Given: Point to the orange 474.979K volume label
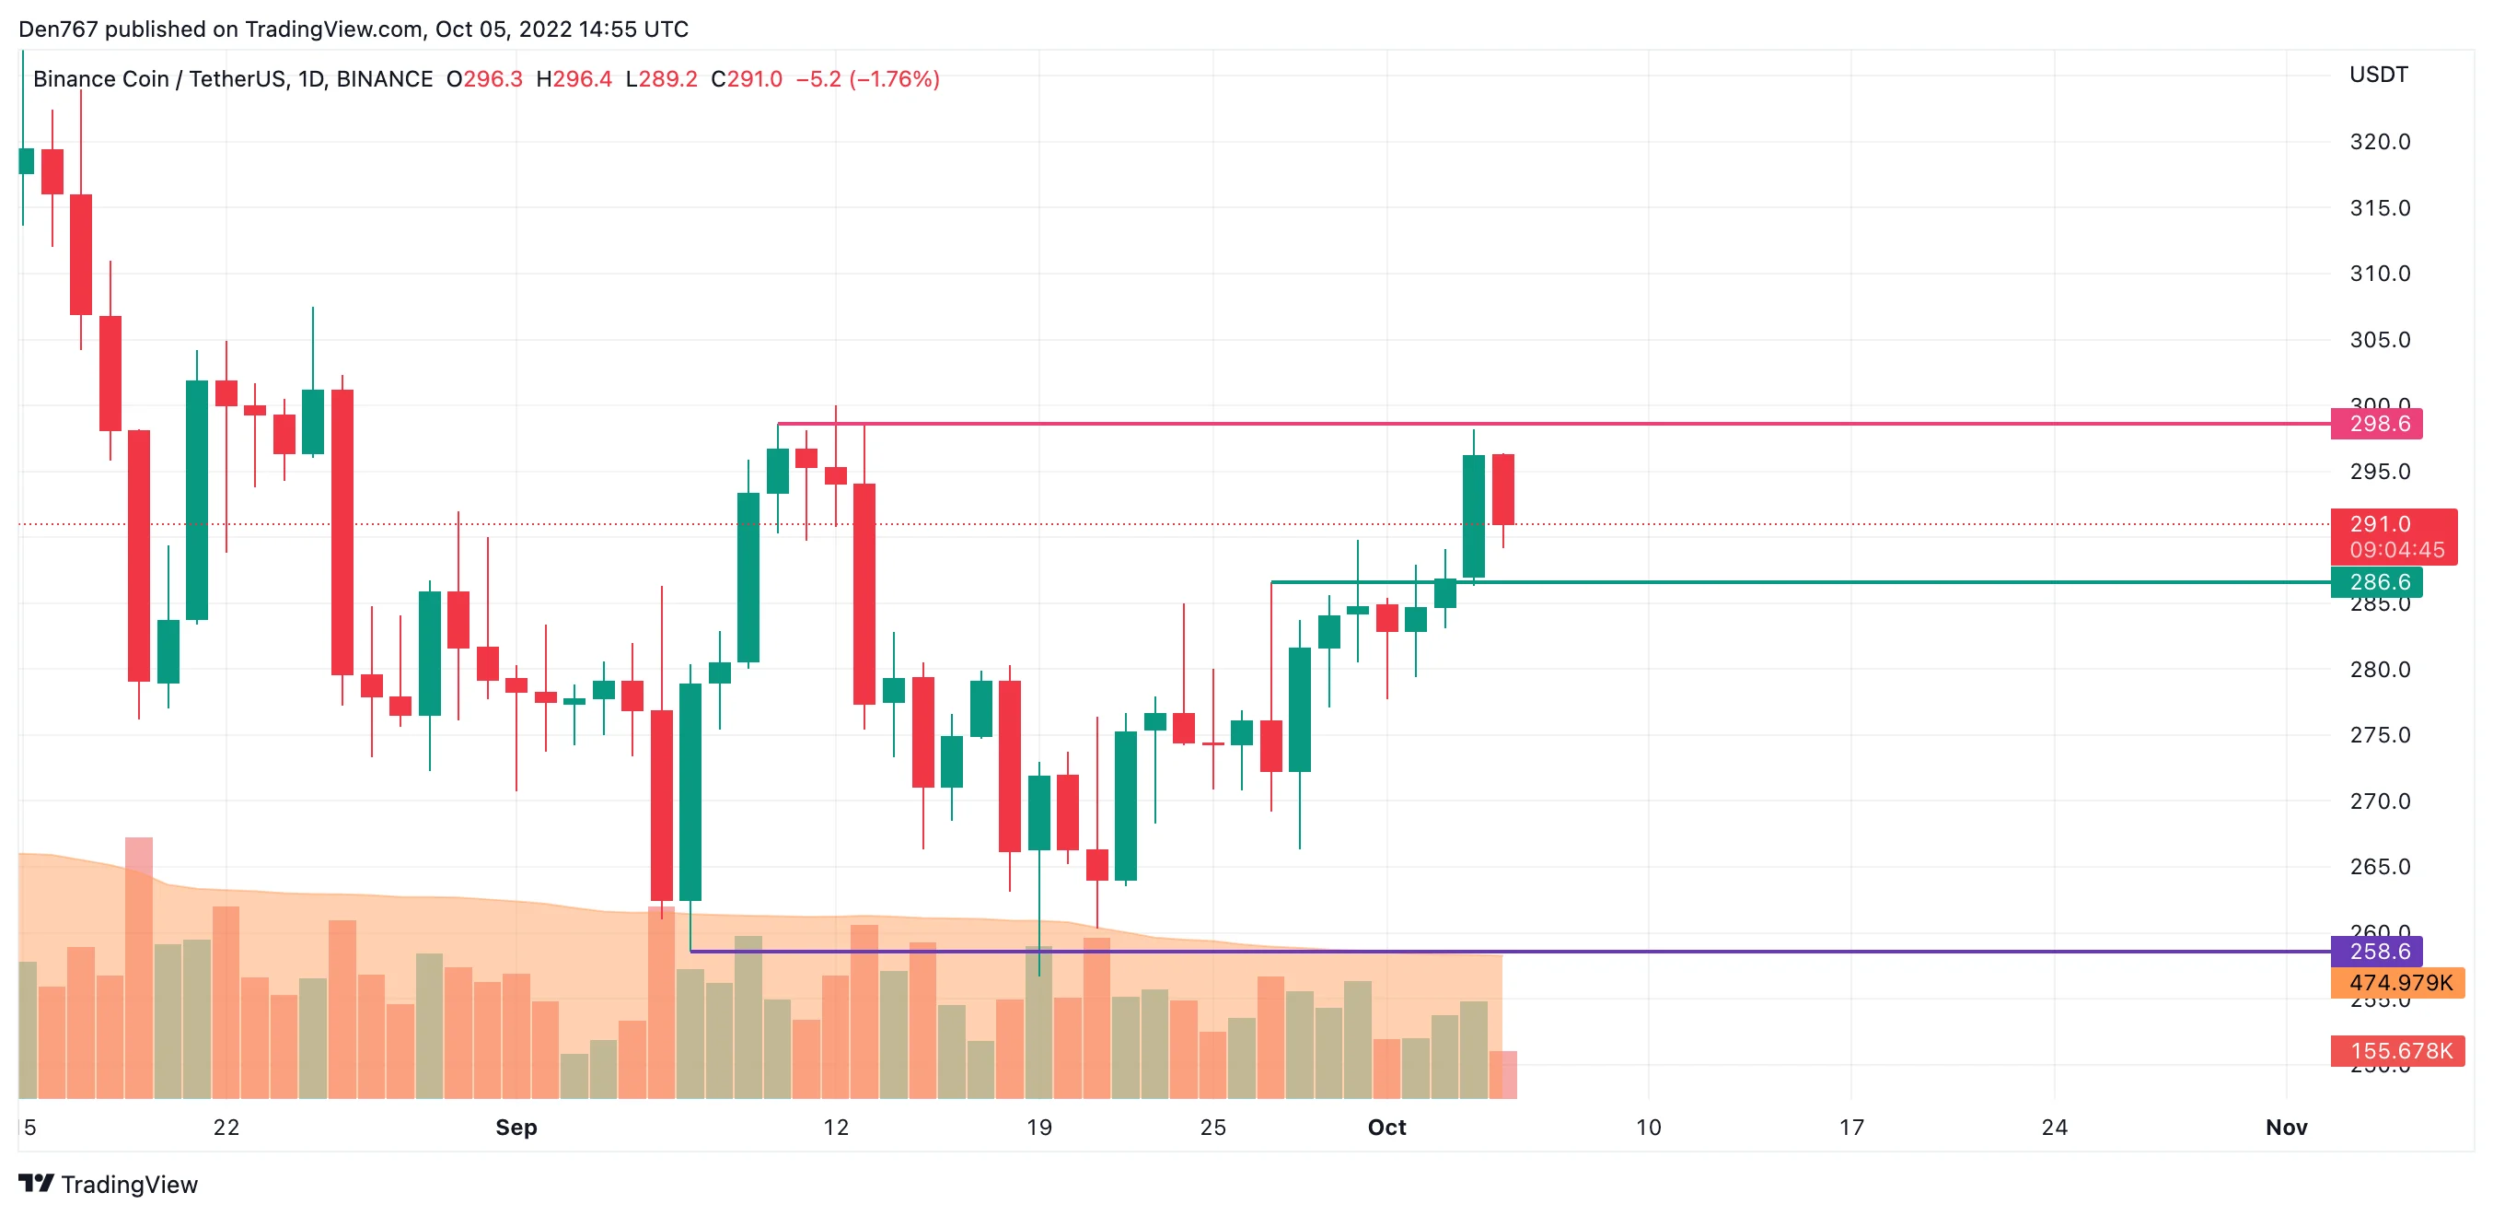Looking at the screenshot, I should [x=2399, y=983].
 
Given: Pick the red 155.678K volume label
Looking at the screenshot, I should [x=2399, y=1050].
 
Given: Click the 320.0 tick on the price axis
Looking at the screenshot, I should [x=2379, y=141].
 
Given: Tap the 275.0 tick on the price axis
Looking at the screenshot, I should [x=2379, y=735].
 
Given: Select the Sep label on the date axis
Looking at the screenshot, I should [x=516, y=1127].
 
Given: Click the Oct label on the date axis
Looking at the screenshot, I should [x=1386, y=1127].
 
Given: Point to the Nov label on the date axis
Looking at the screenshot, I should [x=2286, y=1127].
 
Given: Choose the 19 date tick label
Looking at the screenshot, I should [x=1038, y=1127].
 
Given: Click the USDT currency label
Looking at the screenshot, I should [x=2378, y=75].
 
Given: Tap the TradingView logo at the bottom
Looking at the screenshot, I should [x=109, y=1184].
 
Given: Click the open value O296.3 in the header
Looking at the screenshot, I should [x=484, y=79].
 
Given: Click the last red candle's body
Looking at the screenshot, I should [x=1502, y=489].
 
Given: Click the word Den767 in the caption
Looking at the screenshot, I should [x=58, y=29].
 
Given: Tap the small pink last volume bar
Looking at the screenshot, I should [x=1503, y=1074].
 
